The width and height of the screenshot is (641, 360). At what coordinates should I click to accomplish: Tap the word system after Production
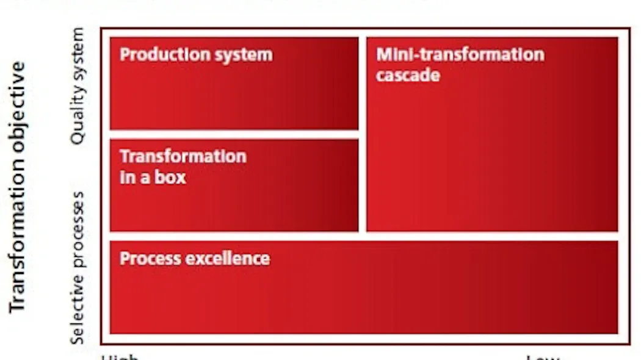242,55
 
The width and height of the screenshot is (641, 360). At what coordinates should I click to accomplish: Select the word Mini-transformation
460,54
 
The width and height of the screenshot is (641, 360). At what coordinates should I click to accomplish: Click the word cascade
408,76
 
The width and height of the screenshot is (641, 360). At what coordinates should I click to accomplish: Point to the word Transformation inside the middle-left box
183,156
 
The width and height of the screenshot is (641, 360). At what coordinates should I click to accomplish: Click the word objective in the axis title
18,99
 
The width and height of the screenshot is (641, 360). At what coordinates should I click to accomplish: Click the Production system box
234,92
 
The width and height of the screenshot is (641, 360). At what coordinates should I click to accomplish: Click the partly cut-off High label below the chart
120,356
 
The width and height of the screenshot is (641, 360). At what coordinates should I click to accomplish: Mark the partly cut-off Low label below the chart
542,357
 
